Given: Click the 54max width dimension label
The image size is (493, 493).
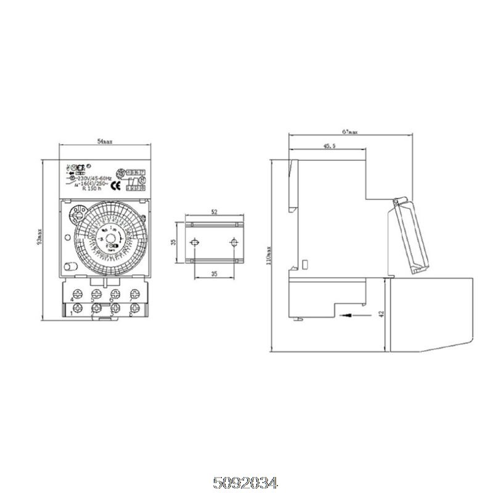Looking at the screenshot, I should click(105, 142).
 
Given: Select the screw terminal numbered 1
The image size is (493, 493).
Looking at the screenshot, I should click(78, 307).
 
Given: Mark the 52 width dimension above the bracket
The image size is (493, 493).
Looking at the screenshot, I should click(214, 212).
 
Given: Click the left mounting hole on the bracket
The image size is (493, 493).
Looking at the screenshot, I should click(194, 242).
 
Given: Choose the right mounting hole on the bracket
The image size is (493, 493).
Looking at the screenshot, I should click(234, 242).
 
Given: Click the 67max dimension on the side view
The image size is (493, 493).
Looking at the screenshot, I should click(350, 132).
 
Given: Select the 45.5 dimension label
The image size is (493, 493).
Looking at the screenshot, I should click(329, 147).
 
